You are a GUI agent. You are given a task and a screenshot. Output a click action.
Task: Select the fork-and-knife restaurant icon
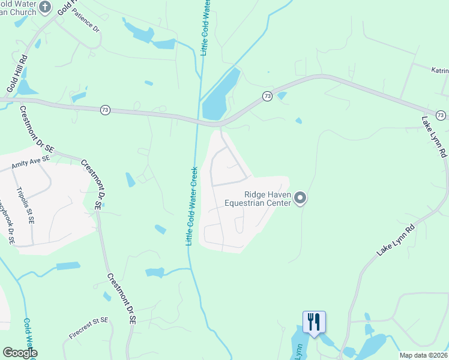click(315, 322)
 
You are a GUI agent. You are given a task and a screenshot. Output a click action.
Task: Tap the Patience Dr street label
click(86, 23)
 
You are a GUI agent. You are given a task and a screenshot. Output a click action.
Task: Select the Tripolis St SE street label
click(26, 204)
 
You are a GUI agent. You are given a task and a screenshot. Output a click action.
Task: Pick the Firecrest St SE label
click(88, 328)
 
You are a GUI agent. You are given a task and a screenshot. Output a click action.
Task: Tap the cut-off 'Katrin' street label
click(439, 70)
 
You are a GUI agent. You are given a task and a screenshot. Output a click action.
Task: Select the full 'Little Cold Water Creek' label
click(191, 206)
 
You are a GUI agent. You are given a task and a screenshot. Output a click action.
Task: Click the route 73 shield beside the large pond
click(267, 96)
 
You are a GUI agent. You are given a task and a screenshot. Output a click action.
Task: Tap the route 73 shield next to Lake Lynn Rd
click(440, 115)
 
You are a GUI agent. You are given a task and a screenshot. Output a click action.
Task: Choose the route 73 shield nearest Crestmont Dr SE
click(105, 110)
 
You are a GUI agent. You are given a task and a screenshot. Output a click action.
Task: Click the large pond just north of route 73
click(219, 96)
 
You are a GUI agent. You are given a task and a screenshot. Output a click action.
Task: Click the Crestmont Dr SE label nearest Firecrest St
click(121, 299)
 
